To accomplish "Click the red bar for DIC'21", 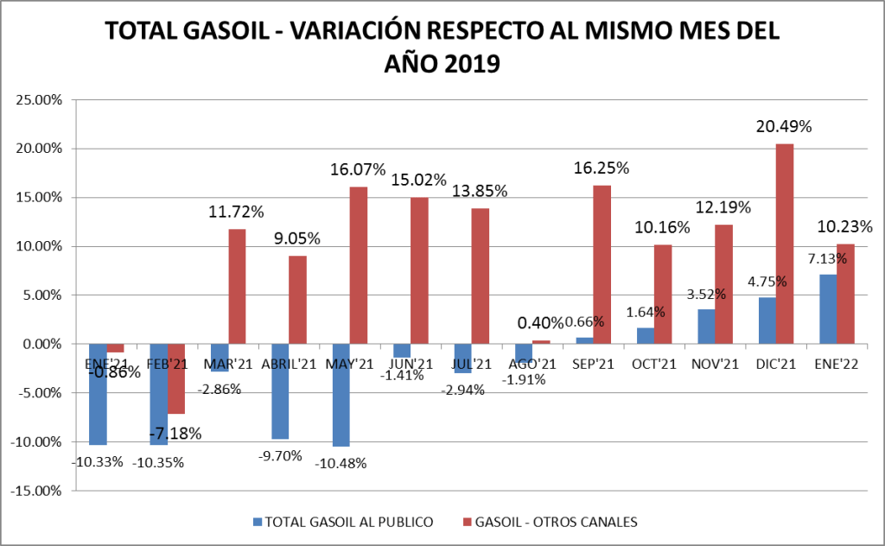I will tap(785, 244).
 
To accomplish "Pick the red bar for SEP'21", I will tap(602, 264).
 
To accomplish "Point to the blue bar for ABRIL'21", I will tap(280, 391).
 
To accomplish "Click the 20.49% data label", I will tap(784, 127).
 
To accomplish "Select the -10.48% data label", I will tap(341, 463).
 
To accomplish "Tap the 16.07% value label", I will tap(358, 170).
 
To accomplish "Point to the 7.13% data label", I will tap(820, 260).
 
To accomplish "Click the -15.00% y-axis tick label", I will tap(36, 491).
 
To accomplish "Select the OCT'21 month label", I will tap(654, 364).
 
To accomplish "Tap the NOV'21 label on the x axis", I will tap(716, 364).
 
